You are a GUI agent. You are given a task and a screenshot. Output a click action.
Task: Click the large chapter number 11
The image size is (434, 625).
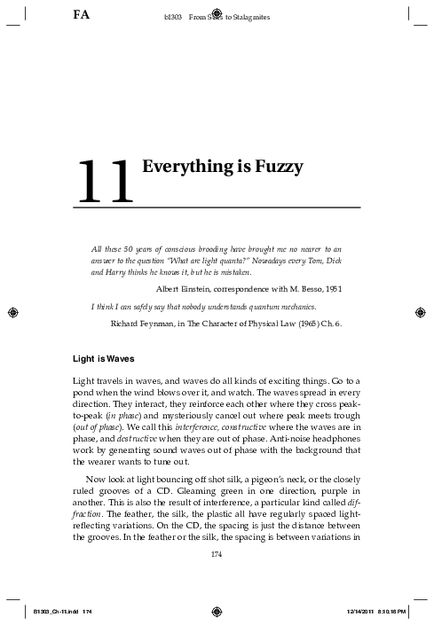click(x=105, y=182)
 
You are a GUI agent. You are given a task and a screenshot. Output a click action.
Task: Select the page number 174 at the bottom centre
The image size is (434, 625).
click(x=217, y=555)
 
